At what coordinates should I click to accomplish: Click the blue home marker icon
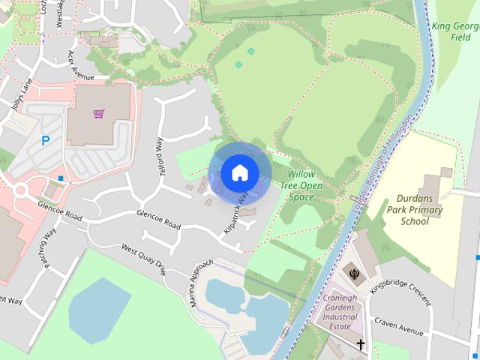(239, 173)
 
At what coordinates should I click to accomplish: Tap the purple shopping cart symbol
(98, 114)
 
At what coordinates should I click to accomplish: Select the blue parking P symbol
(46, 140)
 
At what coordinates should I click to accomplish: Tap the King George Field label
(455, 30)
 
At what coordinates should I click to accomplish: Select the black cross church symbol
(361, 345)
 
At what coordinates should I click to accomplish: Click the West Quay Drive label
(143, 259)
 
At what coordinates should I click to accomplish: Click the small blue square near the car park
(60, 178)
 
